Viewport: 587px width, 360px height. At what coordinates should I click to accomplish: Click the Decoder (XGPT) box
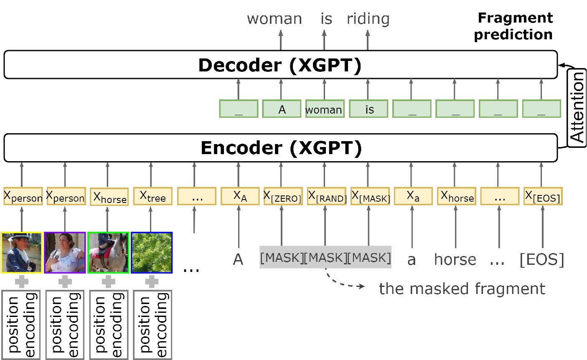(x=281, y=64)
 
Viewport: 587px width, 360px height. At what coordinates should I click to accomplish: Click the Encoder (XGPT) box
(x=281, y=148)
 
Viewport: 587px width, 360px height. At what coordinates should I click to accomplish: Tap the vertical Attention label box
(x=576, y=108)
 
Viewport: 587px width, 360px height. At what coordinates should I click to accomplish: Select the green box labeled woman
(x=325, y=109)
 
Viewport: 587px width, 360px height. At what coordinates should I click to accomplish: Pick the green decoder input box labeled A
(x=282, y=109)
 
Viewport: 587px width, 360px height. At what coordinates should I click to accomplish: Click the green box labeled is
(x=368, y=109)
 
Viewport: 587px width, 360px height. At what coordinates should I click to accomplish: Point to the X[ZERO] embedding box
(x=283, y=196)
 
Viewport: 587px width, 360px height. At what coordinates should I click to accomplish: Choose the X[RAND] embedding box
(x=327, y=196)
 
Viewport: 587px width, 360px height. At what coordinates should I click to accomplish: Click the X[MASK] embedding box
(x=370, y=196)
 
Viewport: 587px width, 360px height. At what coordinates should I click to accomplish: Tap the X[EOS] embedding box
(x=543, y=196)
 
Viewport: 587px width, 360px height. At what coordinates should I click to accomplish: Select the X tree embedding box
(x=153, y=196)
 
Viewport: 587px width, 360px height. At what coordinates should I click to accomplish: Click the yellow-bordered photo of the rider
(x=21, y=253)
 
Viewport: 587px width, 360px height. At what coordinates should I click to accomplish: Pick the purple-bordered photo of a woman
(x=65, y=253)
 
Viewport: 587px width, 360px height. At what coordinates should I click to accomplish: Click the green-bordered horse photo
(x=108, y=253)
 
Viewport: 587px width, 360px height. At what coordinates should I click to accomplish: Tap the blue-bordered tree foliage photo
(x=152, y=253)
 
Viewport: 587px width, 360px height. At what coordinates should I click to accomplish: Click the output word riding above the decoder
(x=368, y=19)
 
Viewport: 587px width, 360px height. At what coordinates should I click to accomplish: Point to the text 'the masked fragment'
(x=462, y=289)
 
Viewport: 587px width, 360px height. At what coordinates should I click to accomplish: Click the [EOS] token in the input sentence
(x=541, y=260)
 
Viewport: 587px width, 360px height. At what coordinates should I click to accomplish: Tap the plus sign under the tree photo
(x=152, y=281)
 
